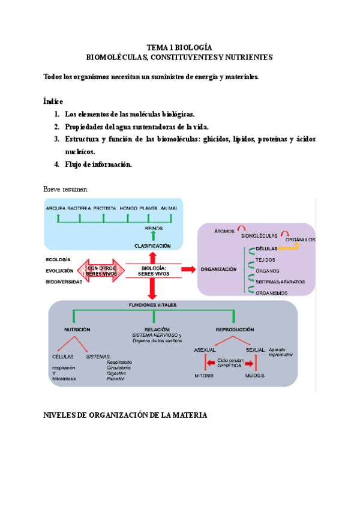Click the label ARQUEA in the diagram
[x=56, y=208]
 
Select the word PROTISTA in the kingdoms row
[x=105, y=208]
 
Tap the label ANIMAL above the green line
[x=169, y=208]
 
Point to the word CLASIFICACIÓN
[x=152, y=246]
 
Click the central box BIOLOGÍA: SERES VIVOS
[x=154, y=271]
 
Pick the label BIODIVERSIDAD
[x=64, y=282]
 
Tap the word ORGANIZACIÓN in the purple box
[x=218, y=270]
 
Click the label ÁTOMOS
[x=224, y=230]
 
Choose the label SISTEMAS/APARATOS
[x=280, y=282]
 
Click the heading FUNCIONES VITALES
[x=153, y=305]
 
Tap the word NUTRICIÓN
[x=77, y=330]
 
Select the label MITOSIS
[x=204, y=375]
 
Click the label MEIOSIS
[x=254, y=375]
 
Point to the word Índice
[x=53, y=101]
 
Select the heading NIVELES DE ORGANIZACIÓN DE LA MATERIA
[x=125, y=415]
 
